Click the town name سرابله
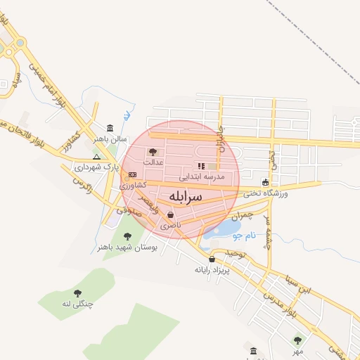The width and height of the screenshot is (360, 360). [185, 195]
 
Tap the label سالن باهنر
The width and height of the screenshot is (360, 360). [112, 139]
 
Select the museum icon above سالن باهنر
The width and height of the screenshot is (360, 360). [110, 128]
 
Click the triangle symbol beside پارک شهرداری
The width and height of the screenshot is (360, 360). [96, 157]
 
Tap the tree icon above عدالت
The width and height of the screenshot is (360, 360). [153, 151]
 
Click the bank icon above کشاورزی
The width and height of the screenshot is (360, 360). [132, 174]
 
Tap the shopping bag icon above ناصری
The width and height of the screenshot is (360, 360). [170, 215]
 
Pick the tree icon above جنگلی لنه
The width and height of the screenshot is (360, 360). [77, 292]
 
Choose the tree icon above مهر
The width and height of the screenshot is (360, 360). [297, 340]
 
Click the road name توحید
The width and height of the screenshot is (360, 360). [233, 252]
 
